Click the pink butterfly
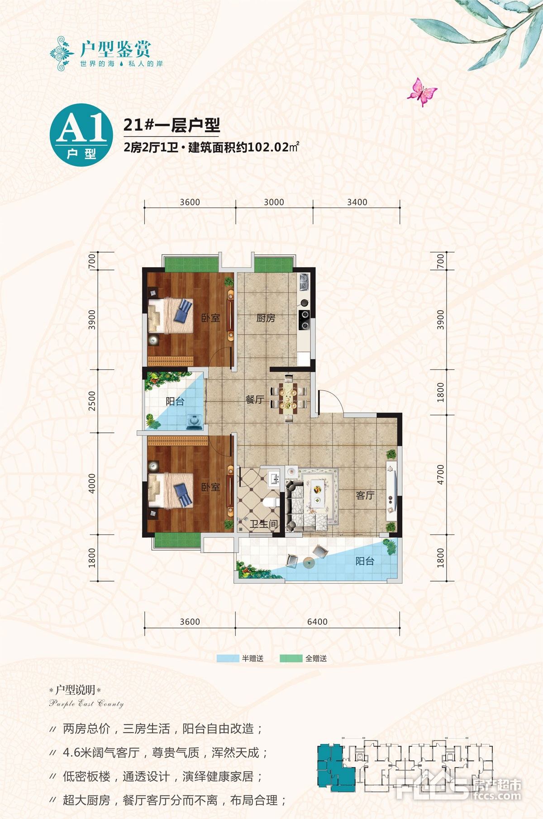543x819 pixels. click(422, 92)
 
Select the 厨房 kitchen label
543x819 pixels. click(266, 318)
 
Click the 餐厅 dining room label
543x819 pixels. click(254, 399)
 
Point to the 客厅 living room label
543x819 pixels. click(365, 495)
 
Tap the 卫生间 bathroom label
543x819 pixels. click(264, 524)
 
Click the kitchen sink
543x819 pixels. click(303, 282)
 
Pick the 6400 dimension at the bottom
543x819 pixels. click(317, 622)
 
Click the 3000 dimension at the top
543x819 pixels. click(274, 202)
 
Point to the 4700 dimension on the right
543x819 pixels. click(441, 475)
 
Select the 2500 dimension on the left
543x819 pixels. click(92, 401)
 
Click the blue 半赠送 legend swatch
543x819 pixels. click(228, 658)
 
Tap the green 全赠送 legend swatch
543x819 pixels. click(291, 658)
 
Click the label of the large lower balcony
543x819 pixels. click(365, 561)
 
